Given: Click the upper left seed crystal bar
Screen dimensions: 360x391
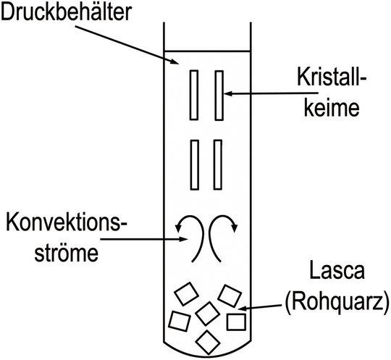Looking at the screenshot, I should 195,94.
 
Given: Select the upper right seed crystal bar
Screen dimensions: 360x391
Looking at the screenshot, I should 218,94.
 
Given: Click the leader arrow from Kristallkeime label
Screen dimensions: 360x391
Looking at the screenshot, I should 261,93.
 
